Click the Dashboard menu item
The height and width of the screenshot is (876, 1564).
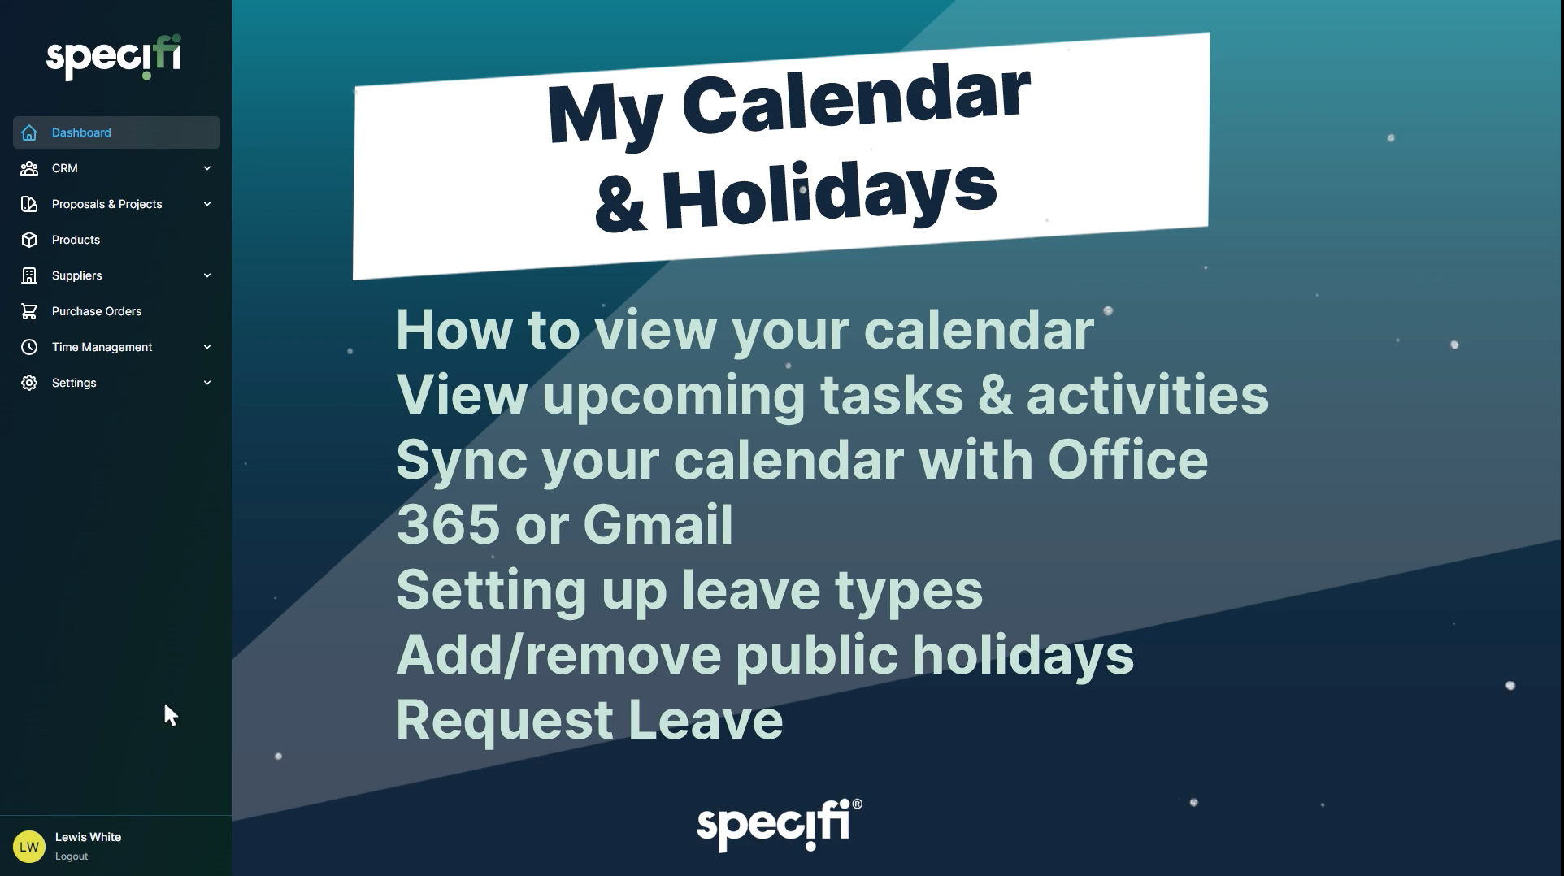pos(116,132)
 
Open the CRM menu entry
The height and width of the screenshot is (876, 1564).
pos(116,168)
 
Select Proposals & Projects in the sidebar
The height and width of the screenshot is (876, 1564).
pos(116,204)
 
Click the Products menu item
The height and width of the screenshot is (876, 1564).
pos(116,240)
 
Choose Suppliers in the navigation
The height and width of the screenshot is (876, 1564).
pos(116,275)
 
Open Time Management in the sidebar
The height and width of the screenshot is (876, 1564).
pos(116,347)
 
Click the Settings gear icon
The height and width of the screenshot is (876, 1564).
pos(29,383)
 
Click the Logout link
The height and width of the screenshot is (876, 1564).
pos(72,856)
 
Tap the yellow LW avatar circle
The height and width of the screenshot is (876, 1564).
pos(29,847)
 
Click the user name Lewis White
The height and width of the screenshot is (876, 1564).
pos(88,837)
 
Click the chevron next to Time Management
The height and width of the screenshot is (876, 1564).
pos(207,347)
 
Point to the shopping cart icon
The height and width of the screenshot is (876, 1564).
pos(29,311)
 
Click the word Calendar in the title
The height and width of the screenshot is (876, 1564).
pos(856,100)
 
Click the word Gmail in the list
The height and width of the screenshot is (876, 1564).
pos(658,524)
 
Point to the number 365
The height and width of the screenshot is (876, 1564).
pos(448,524)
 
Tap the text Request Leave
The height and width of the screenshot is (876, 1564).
pos(589,720)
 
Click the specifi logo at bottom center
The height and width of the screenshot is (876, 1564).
pos(780,825)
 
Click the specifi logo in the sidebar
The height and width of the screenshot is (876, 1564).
pos(114,58)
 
